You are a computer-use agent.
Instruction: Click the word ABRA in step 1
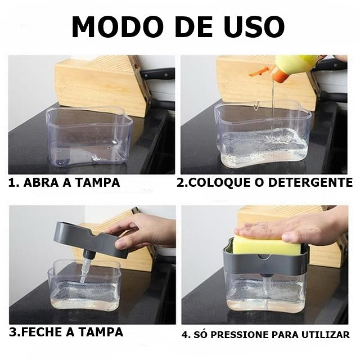click(x=40, y=182)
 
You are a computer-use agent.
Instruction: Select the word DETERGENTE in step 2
click(x=310, y=182)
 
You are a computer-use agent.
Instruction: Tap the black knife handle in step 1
click(x=157, y=74)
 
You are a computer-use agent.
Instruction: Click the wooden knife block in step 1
click(x=101, y=85)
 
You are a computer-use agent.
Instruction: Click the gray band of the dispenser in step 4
click(x=264, y=263)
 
